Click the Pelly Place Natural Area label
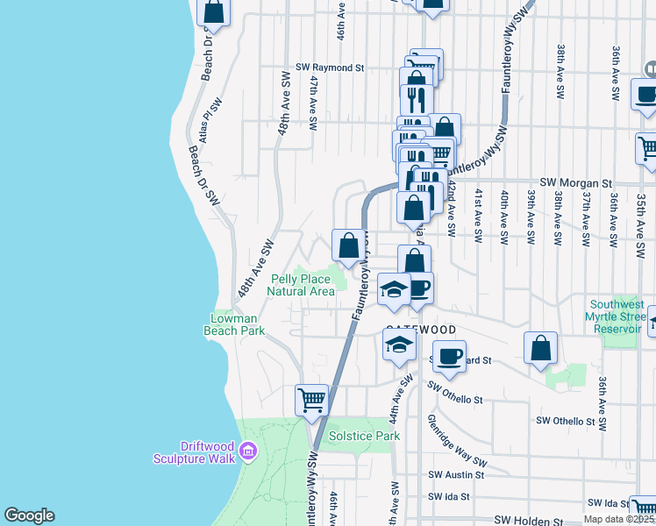tap(300, 285)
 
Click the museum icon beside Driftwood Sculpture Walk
tap(249, 451)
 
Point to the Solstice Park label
tap(364, 436)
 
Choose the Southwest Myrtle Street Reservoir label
tap(617, 316)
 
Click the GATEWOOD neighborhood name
tap(421, 330)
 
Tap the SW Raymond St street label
tap(330, 68)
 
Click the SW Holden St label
tap(529, 520)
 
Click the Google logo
tap(29, 515)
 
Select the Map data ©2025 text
tap(619, 519)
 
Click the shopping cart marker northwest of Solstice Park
tap(311, 400)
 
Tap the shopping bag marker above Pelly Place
tap(348, 245)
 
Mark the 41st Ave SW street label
tap(478, 215)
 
